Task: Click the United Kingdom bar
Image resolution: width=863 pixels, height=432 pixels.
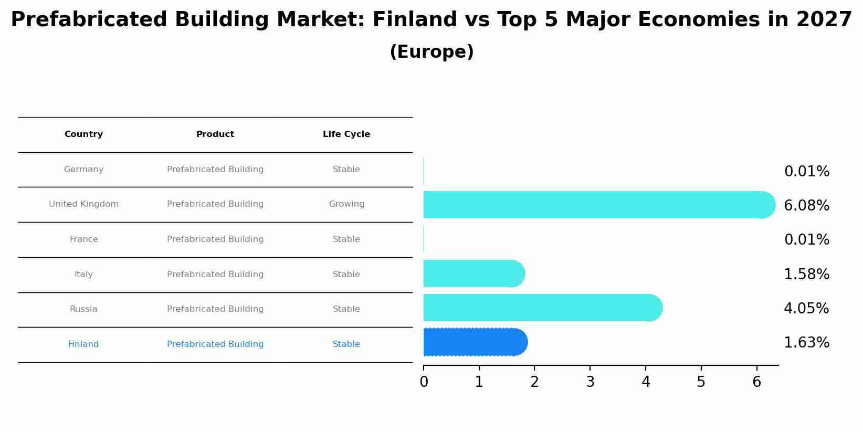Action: (598, 205)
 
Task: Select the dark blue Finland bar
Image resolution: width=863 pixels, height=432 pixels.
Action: (475, 342)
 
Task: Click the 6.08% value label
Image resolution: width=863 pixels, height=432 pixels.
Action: (806, 206)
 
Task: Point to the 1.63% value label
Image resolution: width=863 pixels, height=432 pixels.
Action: (806, 343)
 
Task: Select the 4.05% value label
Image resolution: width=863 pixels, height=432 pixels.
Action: (806, 309)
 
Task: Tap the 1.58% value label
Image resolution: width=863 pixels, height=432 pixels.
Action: (806, 275)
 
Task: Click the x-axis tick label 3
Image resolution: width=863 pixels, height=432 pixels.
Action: (590, 382)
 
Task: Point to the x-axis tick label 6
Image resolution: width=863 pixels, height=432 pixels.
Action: (756, 382)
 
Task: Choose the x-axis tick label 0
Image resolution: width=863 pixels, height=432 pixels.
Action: (424, 382)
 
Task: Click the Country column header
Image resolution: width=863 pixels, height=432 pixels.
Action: (83, 134)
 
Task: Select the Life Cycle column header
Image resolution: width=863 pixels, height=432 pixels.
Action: (346, 134)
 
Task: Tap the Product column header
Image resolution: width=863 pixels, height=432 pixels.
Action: (215, 134)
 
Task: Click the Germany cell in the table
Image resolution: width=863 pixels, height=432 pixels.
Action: (83, 170)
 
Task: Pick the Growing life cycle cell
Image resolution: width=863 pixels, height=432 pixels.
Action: (346, 204)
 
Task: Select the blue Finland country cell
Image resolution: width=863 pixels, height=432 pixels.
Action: (83, 344)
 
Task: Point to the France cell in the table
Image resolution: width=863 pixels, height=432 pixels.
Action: (83, 239)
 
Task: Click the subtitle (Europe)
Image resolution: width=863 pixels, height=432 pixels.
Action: (431, 52)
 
